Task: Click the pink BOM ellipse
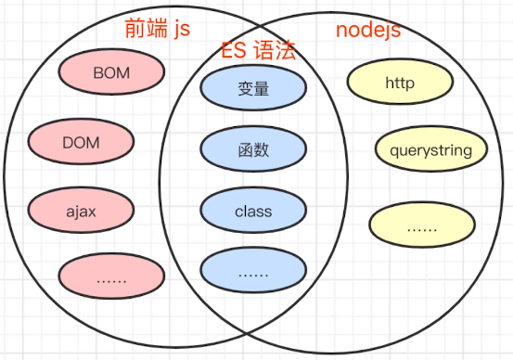point(111,71)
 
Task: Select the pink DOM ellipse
point(82,143)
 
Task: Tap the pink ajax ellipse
point(82,212)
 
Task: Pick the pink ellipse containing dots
point(111,276)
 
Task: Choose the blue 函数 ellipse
point(253,149)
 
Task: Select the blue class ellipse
point(253,212)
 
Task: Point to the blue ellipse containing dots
point(253,273)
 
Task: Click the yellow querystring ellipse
point(430,150)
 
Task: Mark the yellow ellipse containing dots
point(422,225)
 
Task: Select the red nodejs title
point(367,30)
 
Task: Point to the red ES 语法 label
point(259,51)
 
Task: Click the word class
point(253,212)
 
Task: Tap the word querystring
point(430,150)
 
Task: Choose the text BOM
point(111,71)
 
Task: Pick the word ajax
point(82,212)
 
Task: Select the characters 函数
point(253,149)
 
